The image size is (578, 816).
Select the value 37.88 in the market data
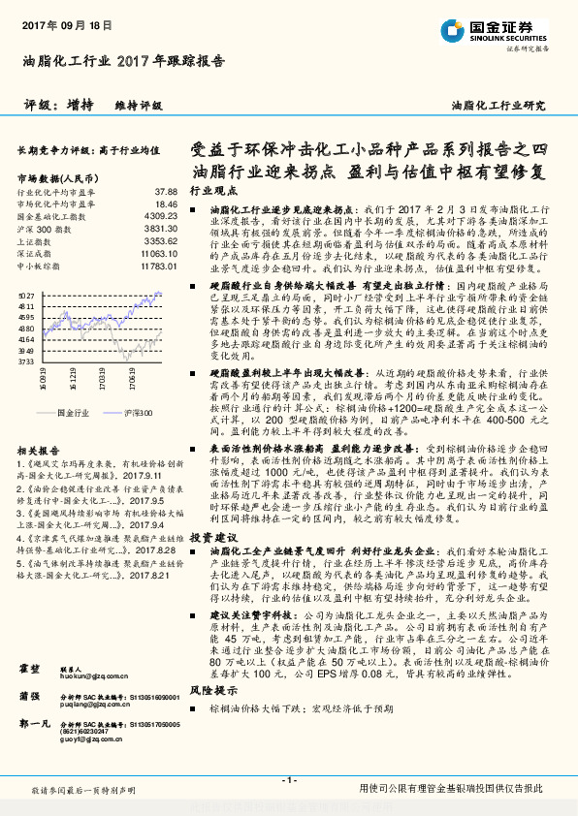click(x=166, y=193)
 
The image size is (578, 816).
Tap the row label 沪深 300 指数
click(x=42, y=228)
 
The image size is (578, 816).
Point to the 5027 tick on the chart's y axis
click(x=26, y=293)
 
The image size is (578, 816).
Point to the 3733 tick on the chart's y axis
click(x=26, y=361)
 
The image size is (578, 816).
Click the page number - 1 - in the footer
click(x=288, y=780)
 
